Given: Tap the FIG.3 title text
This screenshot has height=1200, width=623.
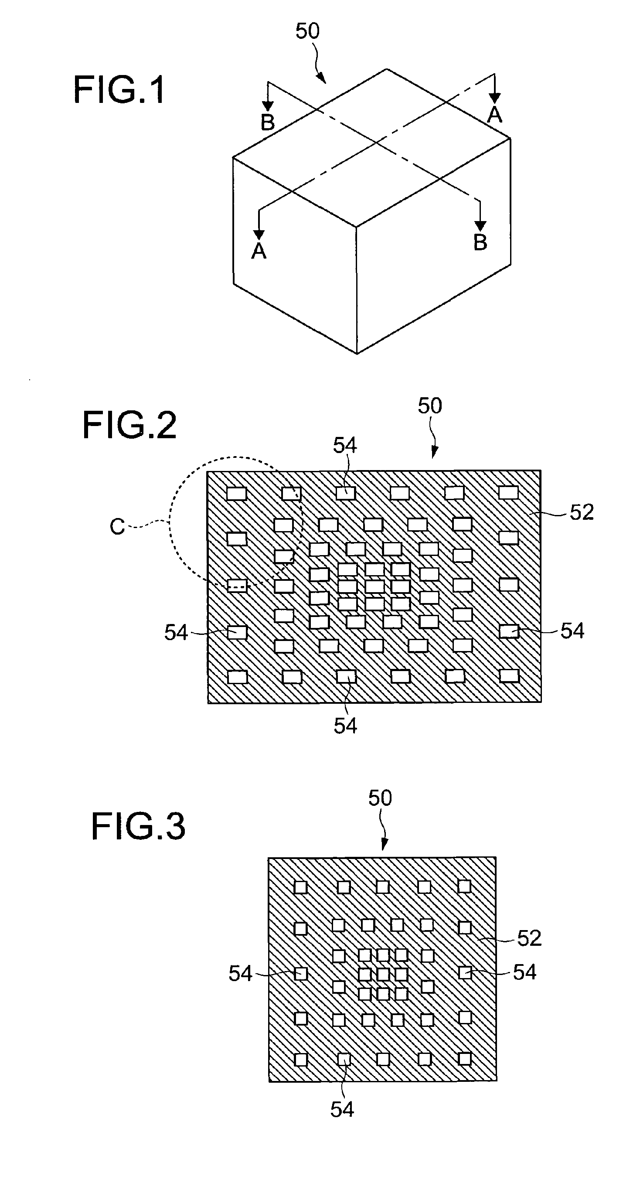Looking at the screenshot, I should click(x=138, y=826).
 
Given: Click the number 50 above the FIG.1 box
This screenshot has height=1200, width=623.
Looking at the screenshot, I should click(x=307, y=31).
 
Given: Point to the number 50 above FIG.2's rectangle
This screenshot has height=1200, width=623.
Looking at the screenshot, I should click(x=429, y=406).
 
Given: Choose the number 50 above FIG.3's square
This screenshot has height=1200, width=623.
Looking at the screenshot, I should click(x=380, y=798).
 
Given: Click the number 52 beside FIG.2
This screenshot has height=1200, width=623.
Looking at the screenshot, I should click(x=582, y=512).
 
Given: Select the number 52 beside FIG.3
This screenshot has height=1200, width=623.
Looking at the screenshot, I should click(x=529, y=938).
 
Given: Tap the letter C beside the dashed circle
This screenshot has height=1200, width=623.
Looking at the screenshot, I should click(x=117, y=527).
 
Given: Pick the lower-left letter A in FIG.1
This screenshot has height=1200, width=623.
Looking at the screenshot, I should click(x=259, y=251).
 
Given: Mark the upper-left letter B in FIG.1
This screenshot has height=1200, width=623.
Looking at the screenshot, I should click(x=268, y=123).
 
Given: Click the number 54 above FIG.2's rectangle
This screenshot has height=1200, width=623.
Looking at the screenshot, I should click(x=344, y=446).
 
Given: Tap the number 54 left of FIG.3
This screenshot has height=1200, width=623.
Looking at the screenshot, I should click(x=240, y=974).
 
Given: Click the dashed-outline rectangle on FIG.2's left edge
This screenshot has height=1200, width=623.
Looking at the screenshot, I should click(x=237, y=586).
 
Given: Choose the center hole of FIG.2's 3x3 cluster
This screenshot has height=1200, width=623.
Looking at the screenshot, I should click(x=374, y=586).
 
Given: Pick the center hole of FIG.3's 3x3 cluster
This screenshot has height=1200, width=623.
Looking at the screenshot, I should click(x=383, y=974).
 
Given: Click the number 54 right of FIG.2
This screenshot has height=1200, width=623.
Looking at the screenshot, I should click(x=572, y=631).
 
